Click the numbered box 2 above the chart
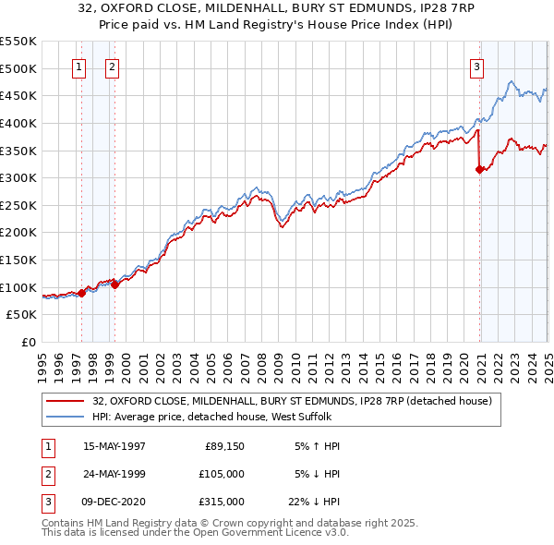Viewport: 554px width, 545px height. pos(112,67)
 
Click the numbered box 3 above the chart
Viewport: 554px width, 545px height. pos(476,67)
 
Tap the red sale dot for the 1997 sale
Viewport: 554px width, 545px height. pos(81,293)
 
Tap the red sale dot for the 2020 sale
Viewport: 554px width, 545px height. pos(479,169)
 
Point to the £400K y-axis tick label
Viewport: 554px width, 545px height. pos(18,123)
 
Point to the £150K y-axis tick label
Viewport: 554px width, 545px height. pos(18,260)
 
